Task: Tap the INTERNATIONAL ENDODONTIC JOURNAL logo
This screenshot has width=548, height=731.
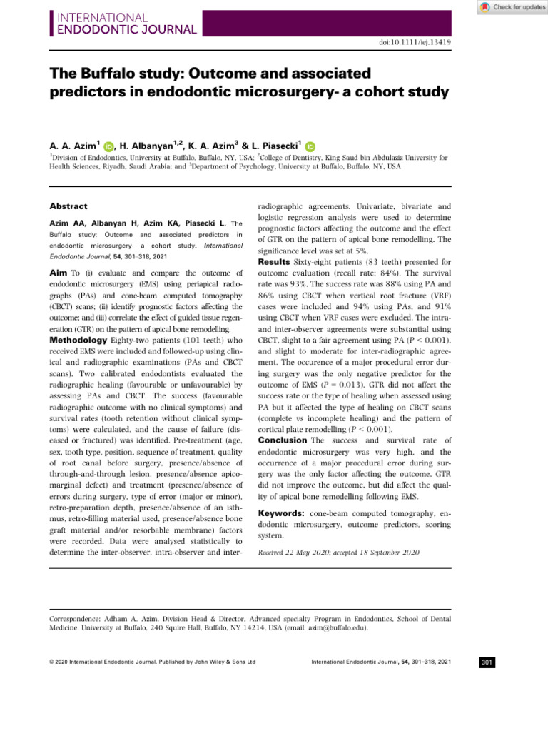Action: (125, 22)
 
